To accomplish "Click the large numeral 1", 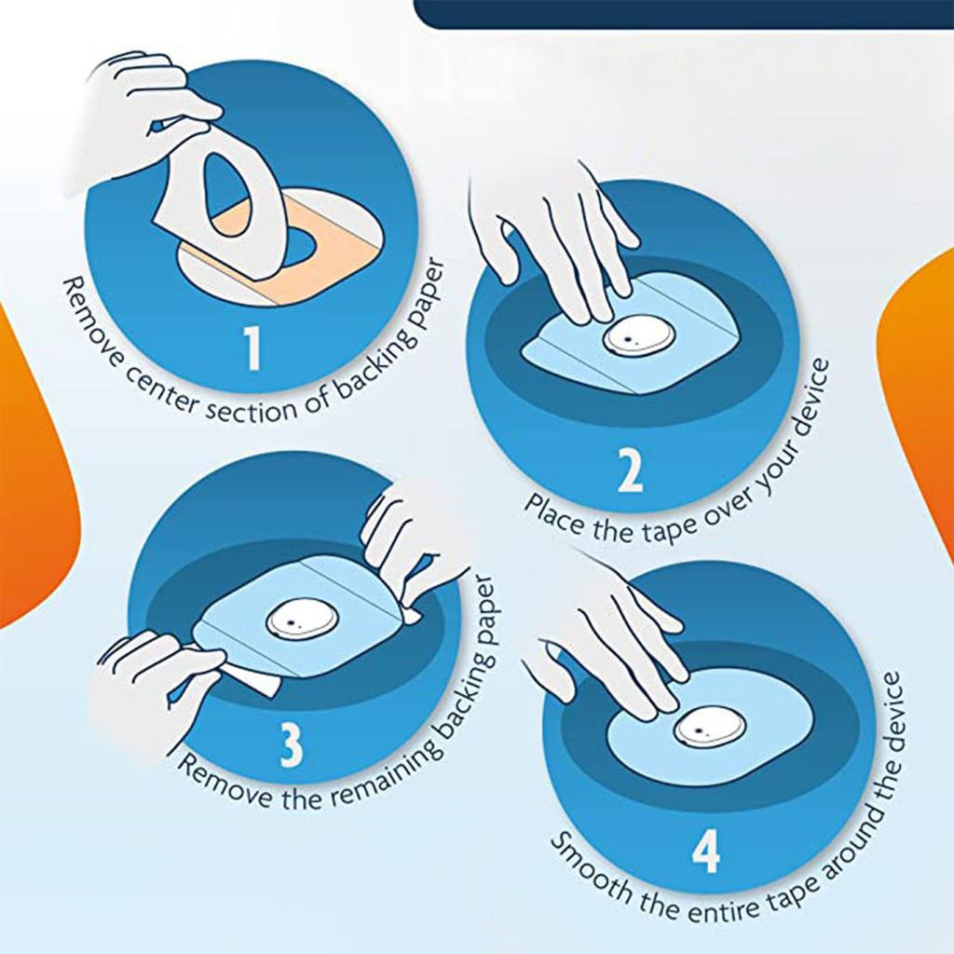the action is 252,348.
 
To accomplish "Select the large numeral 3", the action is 291,746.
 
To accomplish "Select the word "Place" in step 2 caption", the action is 552,513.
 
